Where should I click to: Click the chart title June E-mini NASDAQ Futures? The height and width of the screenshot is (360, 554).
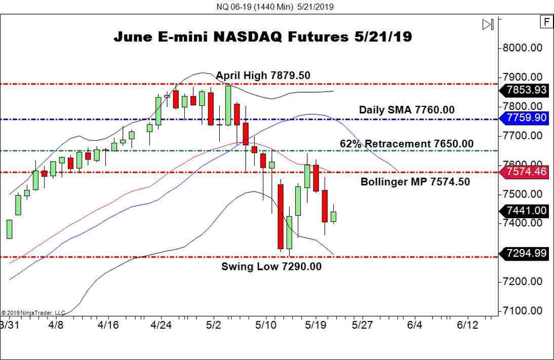(262, 37)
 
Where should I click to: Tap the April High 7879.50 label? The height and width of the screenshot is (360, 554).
(263, 75)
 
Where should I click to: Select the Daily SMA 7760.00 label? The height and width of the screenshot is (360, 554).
(407, 109)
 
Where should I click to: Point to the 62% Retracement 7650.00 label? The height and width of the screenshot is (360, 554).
(407, 144)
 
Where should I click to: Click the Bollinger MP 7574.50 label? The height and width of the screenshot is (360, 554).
(415, 182)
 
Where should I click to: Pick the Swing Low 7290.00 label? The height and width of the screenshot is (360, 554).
(271, 266)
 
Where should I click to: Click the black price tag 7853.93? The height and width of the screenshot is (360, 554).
(526, 91)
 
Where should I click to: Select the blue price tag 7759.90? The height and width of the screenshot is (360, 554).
(526, 118)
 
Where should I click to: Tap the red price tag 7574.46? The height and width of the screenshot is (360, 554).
(526, 172)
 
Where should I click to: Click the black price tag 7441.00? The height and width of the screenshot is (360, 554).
(526, 211)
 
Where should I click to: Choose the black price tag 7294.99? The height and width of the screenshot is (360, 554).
(526, 253)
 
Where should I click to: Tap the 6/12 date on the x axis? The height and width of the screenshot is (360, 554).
(467, 324)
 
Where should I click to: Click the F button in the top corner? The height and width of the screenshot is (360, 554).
(546, 22)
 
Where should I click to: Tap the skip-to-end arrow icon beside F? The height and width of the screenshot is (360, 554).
(488, 24)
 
